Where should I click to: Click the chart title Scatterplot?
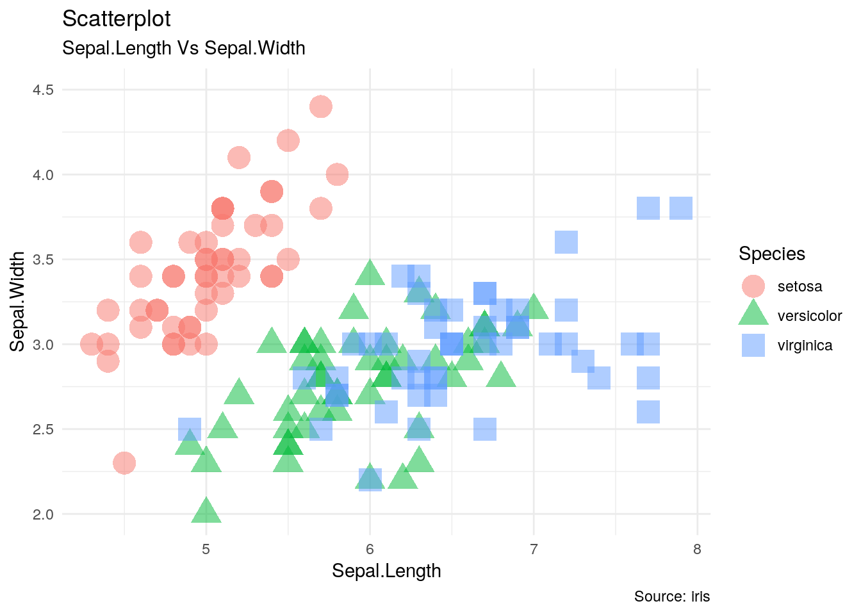[117, 19]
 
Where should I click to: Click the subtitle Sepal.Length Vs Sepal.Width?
[183, 48]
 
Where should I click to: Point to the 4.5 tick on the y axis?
[44, 90]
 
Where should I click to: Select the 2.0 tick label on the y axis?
[44, 514]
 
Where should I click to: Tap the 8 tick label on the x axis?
[697, 549]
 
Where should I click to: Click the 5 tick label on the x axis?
[206, 549]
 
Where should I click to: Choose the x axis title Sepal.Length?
[386, 571]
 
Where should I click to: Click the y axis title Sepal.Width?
[18, 301]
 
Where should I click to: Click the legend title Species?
[771, 254]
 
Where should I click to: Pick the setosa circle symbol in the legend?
[753, 286]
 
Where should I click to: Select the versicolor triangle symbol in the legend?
[753, 315]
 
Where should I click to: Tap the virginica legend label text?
[805, 345]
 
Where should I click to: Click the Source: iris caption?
[672, 596]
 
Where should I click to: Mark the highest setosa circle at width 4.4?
[321, 106]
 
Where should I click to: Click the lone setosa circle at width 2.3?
[124, 463]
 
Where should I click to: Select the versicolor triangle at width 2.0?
[206, 511]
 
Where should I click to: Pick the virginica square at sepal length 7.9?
[681, 208]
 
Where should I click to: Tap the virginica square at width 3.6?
[566, 242]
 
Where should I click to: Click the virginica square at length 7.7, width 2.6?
[648, 412]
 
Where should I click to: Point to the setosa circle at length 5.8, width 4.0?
[337, 174]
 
